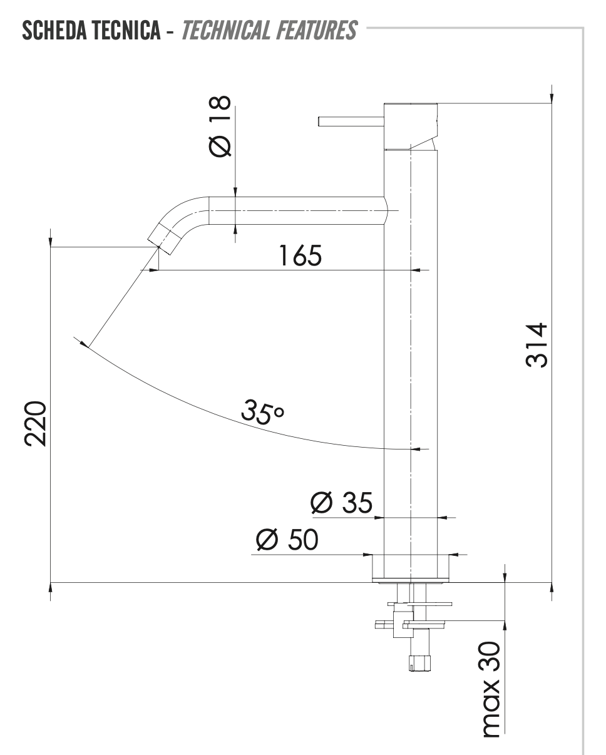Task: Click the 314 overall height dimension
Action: point(537,346)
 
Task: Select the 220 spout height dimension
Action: point(36,423)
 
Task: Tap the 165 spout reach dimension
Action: point(300,255)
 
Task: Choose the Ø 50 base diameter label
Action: point(287,540)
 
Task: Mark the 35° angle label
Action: point(262,411)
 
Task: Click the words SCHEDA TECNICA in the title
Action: point(90,30)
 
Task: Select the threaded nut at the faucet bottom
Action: point(420,662)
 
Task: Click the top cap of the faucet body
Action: point(410,125)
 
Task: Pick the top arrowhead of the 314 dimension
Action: point(552,95)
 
